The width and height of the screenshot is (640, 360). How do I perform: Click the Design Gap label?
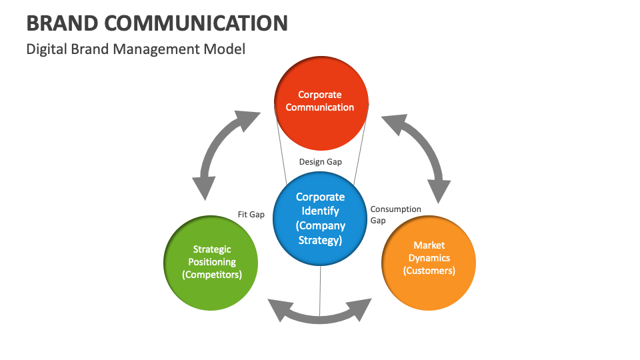320,162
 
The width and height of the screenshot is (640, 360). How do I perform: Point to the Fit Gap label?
251,215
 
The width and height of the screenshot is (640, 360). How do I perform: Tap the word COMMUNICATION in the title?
197,23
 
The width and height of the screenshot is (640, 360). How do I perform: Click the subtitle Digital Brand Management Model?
135,49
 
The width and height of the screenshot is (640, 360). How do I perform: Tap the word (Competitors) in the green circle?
211,274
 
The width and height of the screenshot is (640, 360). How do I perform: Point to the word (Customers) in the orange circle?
429,271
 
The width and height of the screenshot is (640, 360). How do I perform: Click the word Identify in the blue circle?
320,211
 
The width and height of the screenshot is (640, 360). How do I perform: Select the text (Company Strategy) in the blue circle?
320,233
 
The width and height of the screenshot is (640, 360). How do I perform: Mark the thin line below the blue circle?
320,287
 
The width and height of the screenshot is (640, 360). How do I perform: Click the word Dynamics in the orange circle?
429,258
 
